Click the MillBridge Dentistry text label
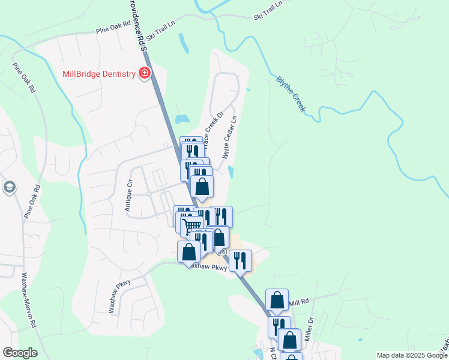99,74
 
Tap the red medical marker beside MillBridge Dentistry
144,74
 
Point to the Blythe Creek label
291,94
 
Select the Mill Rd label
298,302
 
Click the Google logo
19,353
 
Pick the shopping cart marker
191,226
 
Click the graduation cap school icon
9,188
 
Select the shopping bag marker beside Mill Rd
277,300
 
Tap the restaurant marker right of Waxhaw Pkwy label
240,260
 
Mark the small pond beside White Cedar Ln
231,172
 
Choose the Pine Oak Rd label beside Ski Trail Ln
113,28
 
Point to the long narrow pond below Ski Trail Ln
181,42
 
